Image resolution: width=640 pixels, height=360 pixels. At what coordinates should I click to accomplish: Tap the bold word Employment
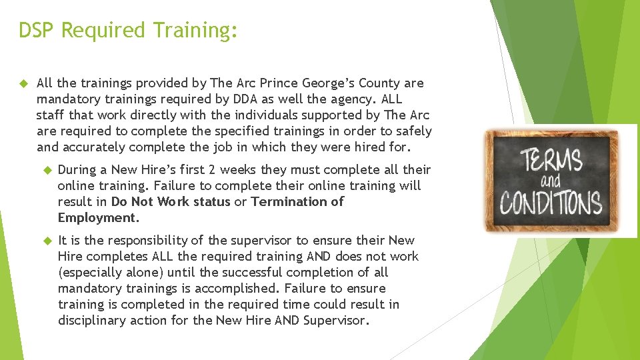[97, 218]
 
